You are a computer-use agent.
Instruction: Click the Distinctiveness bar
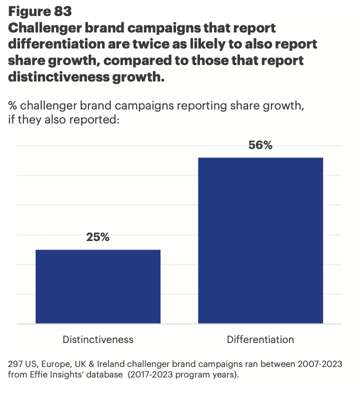98,286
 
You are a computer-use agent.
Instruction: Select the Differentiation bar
260,240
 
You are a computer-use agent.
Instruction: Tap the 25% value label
98,237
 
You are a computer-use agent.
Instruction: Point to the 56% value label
260,145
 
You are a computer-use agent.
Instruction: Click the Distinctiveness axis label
98,339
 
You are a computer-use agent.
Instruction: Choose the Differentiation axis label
260,339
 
